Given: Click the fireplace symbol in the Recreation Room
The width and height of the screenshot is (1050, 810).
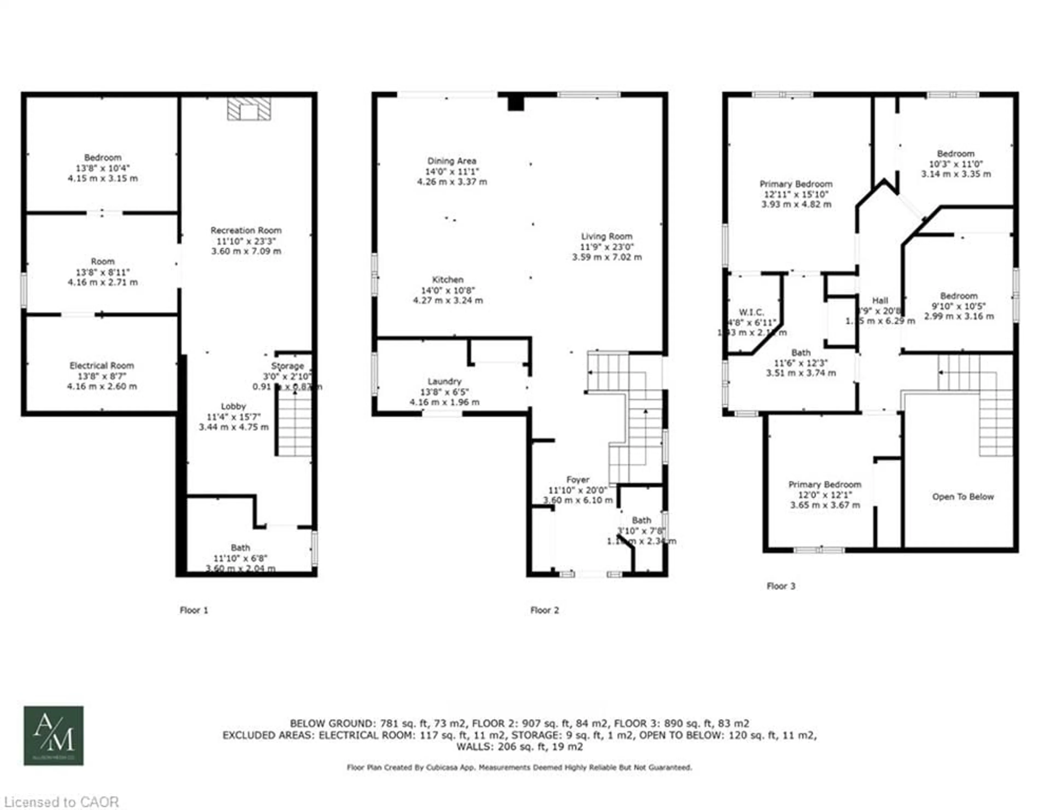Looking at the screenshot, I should [249, 109].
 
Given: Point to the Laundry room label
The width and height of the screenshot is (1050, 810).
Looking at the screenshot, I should [444, 381].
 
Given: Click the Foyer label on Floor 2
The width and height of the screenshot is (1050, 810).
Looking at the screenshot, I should [577, 479].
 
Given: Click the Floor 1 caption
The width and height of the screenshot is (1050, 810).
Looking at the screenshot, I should [194, 610].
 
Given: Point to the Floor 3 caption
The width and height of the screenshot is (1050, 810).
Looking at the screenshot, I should [781, 586].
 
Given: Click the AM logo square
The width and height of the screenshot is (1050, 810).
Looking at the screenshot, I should [54, 736].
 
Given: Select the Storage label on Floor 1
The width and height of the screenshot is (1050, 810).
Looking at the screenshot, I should [287, 366].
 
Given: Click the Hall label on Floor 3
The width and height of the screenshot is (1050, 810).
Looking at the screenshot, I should [880, 300].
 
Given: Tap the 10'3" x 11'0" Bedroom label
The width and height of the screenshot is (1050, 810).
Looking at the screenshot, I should [955, 164].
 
